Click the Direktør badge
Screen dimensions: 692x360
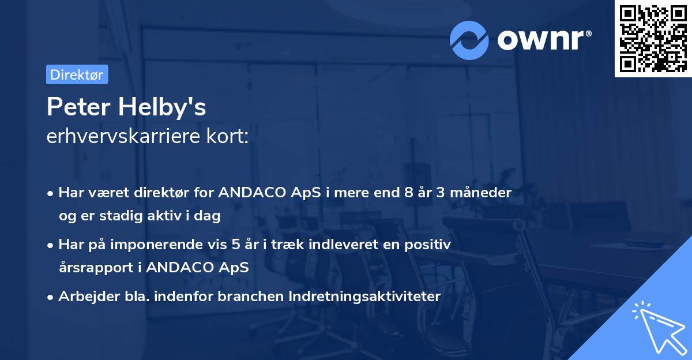77,74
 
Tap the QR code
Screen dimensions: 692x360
653,39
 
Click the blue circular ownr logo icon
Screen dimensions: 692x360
469,40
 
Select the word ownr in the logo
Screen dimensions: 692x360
540,40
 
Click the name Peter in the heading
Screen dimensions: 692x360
78,107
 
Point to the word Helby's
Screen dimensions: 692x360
162,107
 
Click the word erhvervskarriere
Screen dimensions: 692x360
123,136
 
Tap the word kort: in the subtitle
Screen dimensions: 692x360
227,136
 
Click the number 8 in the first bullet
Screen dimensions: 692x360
408,193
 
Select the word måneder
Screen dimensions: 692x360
481,193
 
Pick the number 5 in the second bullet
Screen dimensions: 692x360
236,245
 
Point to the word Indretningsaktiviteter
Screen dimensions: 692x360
364,297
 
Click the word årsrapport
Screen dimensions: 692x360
96,268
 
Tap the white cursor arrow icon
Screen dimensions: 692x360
660,328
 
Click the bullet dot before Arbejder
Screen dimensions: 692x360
50,298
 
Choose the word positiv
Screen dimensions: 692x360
427,245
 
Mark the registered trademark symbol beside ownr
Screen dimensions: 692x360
588,33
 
